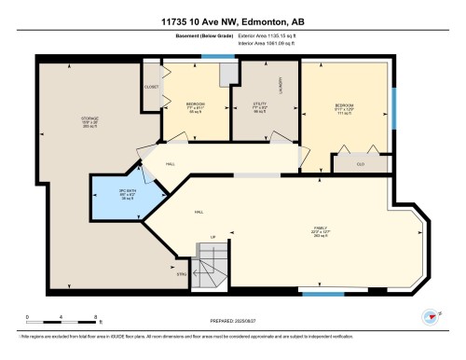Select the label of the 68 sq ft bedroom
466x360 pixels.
pyautogui.click(x=195, y=104)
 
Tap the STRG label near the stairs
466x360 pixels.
pyautogui.click(x=183, y=273)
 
